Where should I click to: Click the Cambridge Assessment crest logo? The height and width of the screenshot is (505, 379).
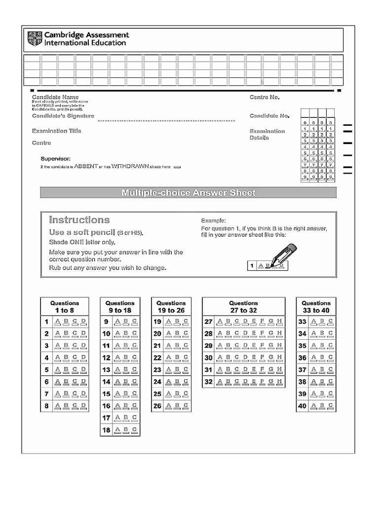[x=35, y=39]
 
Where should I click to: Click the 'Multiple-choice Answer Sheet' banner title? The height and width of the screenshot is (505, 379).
[x=189, y=192]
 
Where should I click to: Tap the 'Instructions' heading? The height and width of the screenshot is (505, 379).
[x=79, y=220]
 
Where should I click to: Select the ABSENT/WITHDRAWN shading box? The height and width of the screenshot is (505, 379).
[x=178, y=167]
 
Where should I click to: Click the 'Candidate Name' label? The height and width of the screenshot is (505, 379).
[x=55, y=97]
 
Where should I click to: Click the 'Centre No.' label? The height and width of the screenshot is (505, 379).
[x=265, y=97]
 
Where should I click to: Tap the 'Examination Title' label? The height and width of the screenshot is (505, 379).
[x=57, y=131]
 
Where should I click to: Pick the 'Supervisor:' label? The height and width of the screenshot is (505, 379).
[x=55, y=158]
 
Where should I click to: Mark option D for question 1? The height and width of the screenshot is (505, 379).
[x=83, y=322]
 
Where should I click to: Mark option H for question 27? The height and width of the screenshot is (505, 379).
[x=279, y=322]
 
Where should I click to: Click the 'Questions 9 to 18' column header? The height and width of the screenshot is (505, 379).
[x=120, y=307]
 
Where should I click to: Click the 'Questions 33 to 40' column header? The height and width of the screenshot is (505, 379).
[x=316, y=307]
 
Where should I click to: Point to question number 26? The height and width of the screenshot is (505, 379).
[x=157, y=406]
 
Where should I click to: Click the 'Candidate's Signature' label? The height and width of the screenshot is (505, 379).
[x=63, y=115]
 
